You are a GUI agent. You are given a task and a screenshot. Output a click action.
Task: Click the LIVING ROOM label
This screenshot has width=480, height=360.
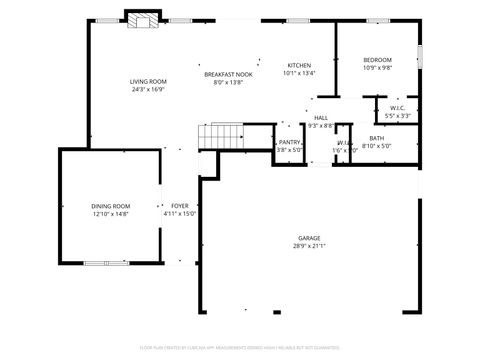[148, 81]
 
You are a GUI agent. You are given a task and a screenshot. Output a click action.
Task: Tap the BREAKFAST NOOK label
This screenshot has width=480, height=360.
[228, 74]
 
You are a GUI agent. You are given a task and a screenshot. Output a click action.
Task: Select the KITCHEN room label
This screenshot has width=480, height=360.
[299, 64]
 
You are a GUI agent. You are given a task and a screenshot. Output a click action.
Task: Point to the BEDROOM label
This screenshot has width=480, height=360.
[377, 60]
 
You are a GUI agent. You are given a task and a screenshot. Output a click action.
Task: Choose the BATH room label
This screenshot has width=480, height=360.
[377, 138]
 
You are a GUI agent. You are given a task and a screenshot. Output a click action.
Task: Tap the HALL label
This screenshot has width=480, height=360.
[320, 118]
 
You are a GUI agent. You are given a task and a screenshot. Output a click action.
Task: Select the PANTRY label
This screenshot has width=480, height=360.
[289, 142]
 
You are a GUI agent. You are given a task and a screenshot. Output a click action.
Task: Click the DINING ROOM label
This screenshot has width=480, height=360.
[111, 206]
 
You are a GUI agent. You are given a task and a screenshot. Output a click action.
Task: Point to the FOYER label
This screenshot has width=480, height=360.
[180, 206]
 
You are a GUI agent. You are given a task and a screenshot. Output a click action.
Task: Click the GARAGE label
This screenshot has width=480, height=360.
[309, 237]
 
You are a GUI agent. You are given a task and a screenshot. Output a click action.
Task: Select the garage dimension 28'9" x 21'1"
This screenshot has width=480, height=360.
[309, 246]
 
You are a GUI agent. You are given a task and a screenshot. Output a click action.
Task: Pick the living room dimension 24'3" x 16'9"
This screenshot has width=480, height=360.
[148, 89]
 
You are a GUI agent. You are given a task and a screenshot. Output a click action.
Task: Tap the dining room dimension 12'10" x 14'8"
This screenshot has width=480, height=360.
[111, 214]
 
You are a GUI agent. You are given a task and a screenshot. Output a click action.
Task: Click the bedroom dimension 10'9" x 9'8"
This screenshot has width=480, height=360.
[377, 69]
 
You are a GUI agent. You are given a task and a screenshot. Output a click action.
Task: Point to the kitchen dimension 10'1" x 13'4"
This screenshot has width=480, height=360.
[299, 73]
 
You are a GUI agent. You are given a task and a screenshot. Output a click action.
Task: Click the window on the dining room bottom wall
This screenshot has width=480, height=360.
[105, 263]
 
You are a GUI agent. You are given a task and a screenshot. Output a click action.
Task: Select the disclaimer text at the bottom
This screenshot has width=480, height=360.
[240, 347]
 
